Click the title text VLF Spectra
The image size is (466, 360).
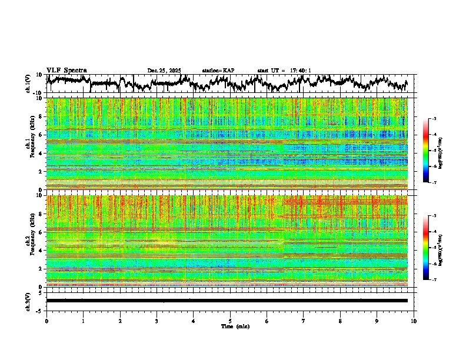66,70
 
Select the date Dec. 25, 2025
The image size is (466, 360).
164,71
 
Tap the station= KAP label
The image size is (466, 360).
218,71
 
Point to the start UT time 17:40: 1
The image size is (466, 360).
299,71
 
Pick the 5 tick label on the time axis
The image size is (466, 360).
230,321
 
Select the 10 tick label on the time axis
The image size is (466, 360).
414,321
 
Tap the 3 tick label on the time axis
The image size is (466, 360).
157,321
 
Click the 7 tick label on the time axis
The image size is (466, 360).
304,321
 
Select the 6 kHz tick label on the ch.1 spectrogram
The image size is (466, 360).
42,135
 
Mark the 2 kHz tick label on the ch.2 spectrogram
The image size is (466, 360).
42,269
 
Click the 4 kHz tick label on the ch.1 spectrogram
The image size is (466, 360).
42,153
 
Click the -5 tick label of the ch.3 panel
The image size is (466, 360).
41,309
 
